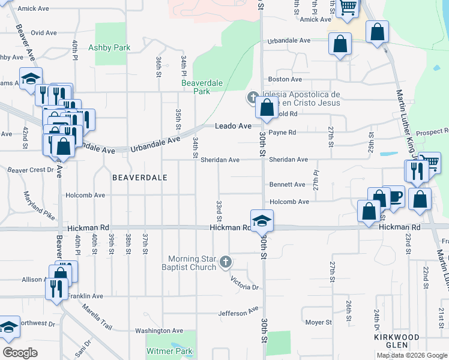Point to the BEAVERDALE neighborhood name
tap(139, 178)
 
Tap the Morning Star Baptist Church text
tap(191, 263)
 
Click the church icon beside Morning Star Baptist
tap(226, 261)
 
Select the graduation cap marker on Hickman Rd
tap(262, 220)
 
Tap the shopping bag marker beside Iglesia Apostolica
tap(267, 109)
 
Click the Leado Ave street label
tap(233, 126)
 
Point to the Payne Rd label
tap(282, 132)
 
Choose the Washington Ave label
tap(158, 331)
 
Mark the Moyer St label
tap(318, 322)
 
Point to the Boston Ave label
tap(285, 79)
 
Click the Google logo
tap(20, 353)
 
